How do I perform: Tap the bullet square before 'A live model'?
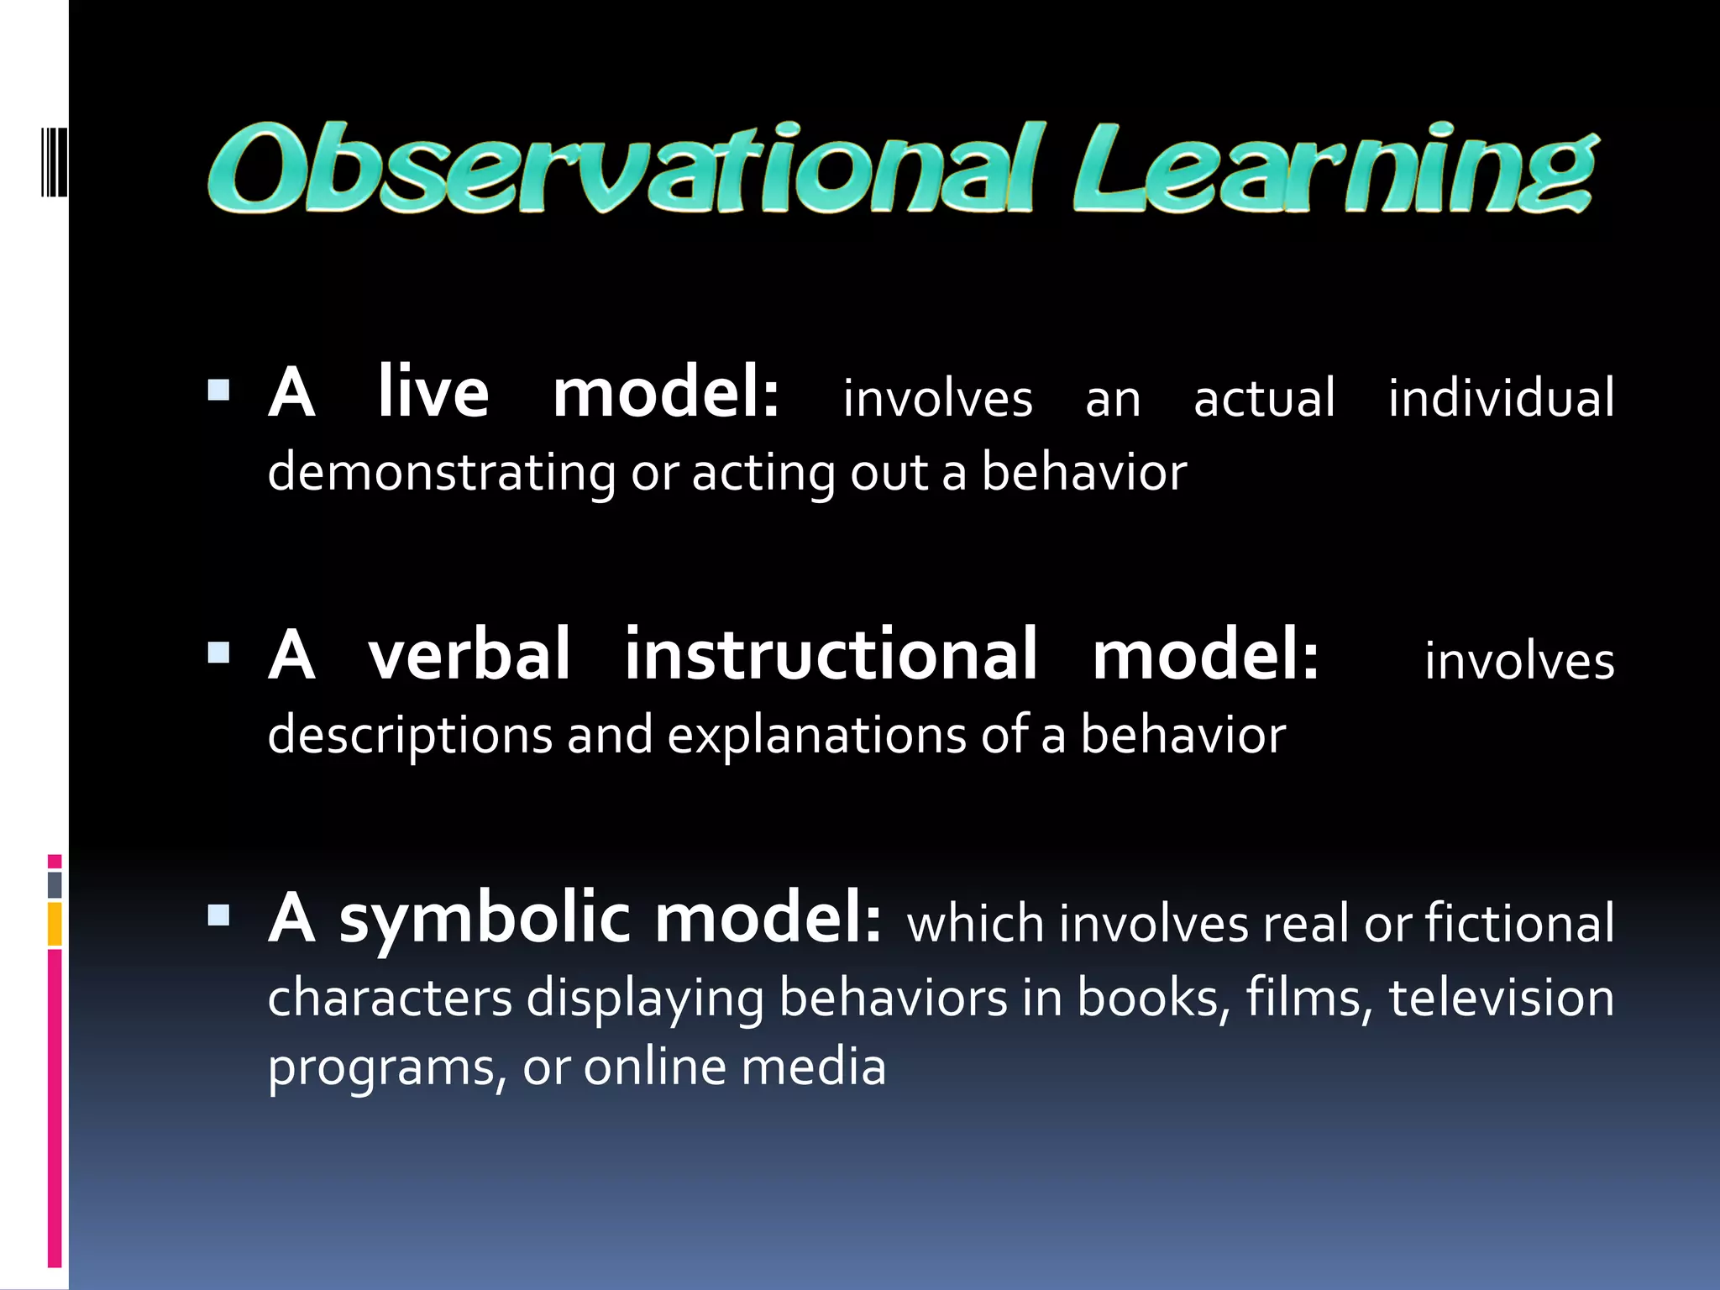tap(218, 391)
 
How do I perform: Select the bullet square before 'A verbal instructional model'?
tap(218, 653)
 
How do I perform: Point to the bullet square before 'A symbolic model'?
tap(218, 915)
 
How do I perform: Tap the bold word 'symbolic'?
tap(485, 920)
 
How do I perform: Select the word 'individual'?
tap(1501, 398)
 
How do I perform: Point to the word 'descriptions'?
tap(410, 736)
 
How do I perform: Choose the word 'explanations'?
tap(816, 736)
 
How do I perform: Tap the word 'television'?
tap(1501, 998)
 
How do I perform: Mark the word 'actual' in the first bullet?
tap(1264, 398)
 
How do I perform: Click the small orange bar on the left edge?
tap(55, 924)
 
